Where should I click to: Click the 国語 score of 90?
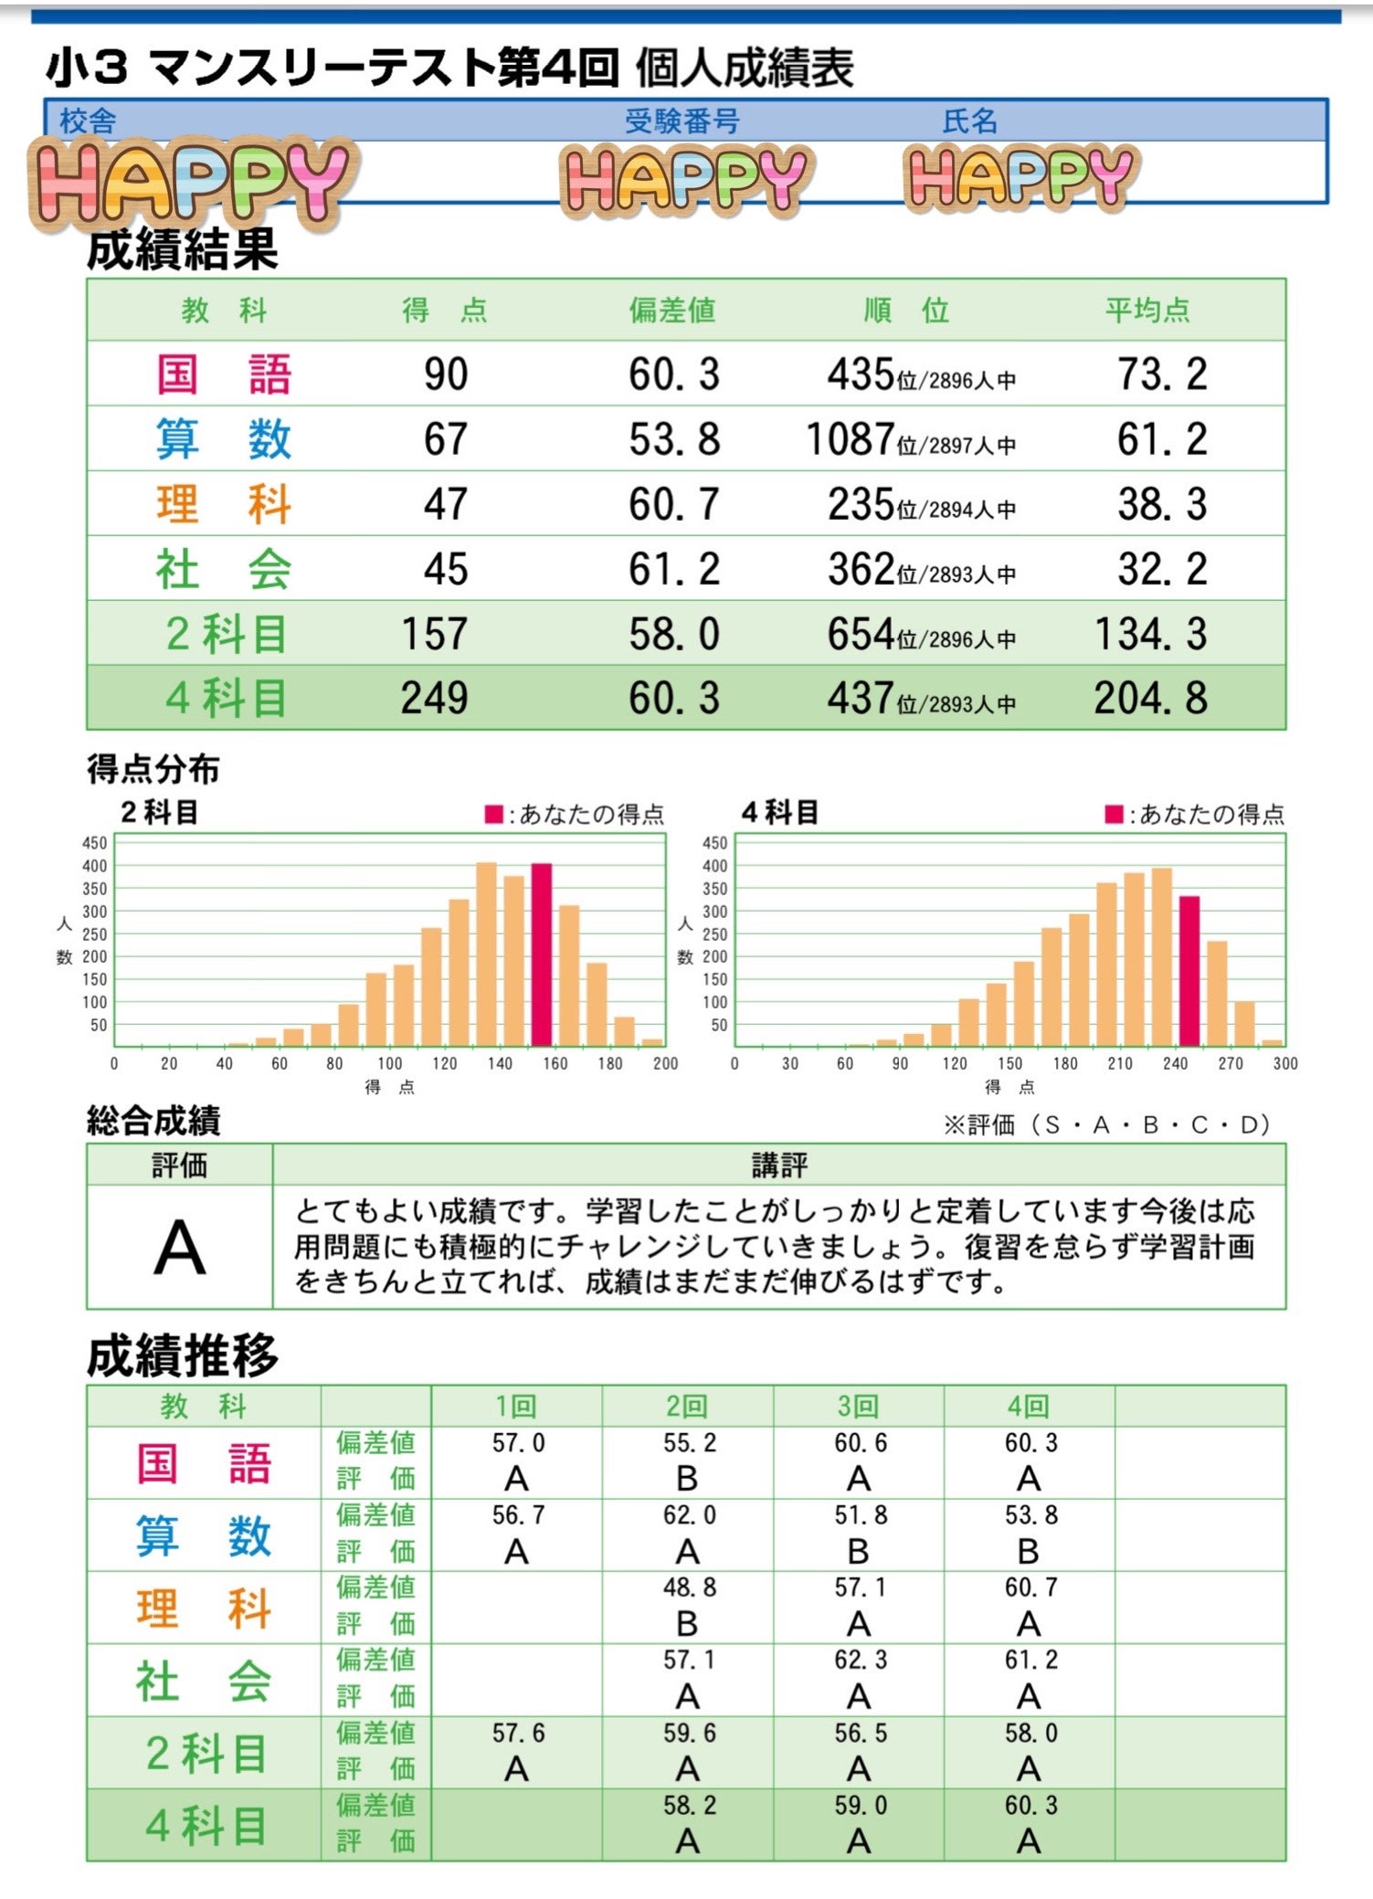click(x=446, y=375)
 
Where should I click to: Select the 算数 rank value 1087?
click(x=850, y=439)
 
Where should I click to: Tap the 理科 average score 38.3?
click(x=1161, y=504)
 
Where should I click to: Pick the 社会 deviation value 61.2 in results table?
click(x=673, y=569)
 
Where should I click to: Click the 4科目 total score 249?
click(x=434, y=698)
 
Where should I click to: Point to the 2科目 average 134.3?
click(x=1150, y=634)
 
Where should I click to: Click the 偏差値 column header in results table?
click(x=671, y=311)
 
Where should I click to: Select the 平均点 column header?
click(x=1147, y=311)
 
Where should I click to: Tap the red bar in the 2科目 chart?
click(x=542, y=954)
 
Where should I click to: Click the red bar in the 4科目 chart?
click(x=1188, y=970)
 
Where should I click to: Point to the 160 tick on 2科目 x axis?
click(x=554, y=1063)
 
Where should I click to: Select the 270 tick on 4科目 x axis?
click(x=1230, y=1063)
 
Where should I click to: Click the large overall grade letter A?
click(x=180, y=1248)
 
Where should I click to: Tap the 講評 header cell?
click(x=778, y=1165)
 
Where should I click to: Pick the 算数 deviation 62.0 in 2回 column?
click(x=689, y=1515)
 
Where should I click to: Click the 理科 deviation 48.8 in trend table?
click(x=689, y=1588)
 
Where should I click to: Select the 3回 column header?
click(x=858, y=1407)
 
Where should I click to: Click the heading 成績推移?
click(x=182, y=1356)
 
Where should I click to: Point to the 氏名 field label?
click(x=969, y=121)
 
